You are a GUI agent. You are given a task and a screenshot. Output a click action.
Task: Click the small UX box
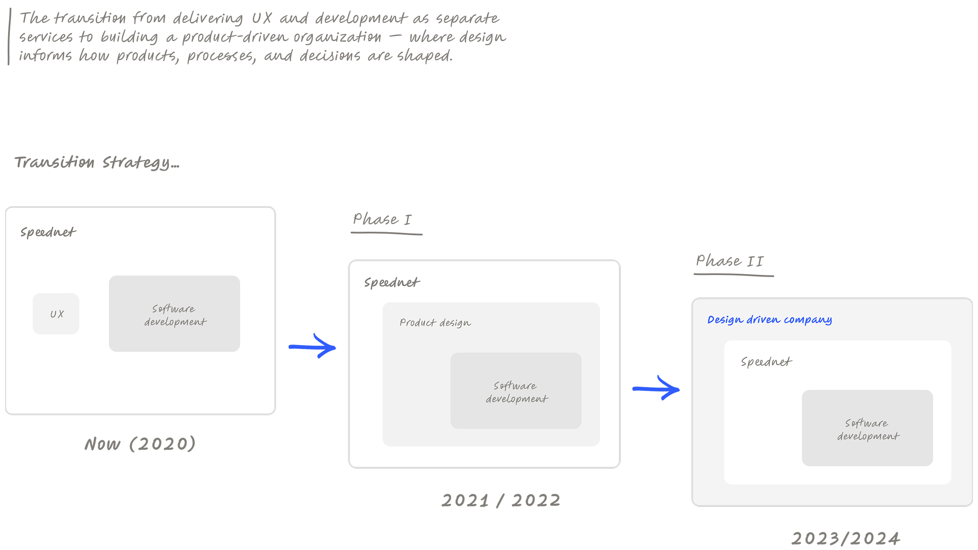tap(56, 314)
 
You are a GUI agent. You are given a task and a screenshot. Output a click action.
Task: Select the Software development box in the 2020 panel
tap(174, 314)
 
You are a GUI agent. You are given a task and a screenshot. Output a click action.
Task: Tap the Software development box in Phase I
tap(516, 390)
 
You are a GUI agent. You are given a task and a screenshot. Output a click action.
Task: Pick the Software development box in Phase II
tap(867, 428)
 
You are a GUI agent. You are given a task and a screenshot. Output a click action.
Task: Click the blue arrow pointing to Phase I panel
tap(312, 346)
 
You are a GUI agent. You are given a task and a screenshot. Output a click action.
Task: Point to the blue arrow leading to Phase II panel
tap(656, 388)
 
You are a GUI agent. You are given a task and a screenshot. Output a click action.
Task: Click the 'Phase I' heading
tap(382, 219)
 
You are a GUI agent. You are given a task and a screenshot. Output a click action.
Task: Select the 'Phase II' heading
tap(730, 261)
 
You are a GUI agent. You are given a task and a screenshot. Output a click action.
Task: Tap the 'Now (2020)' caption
tap(140, 444)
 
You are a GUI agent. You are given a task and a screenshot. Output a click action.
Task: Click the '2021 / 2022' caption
tap(501, 500)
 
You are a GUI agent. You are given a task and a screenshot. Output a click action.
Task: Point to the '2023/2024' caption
tap(846, 539)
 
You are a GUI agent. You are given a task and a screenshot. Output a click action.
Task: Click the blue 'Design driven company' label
tap(769, 320)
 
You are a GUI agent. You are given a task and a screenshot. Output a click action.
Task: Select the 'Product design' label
tap(435, 323)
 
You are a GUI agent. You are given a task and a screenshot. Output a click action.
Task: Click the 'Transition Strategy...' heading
tap(97, 163)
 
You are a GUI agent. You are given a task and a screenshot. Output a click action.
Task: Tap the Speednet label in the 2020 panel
tap(48, 232)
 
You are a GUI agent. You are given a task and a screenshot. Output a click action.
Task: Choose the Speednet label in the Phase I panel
tap(392, 283)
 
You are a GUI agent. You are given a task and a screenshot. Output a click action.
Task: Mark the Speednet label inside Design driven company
tap(766, 362)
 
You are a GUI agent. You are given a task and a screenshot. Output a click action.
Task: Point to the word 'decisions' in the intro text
tap(330, 56)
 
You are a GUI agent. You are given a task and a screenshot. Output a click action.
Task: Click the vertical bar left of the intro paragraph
tap(9, 37)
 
